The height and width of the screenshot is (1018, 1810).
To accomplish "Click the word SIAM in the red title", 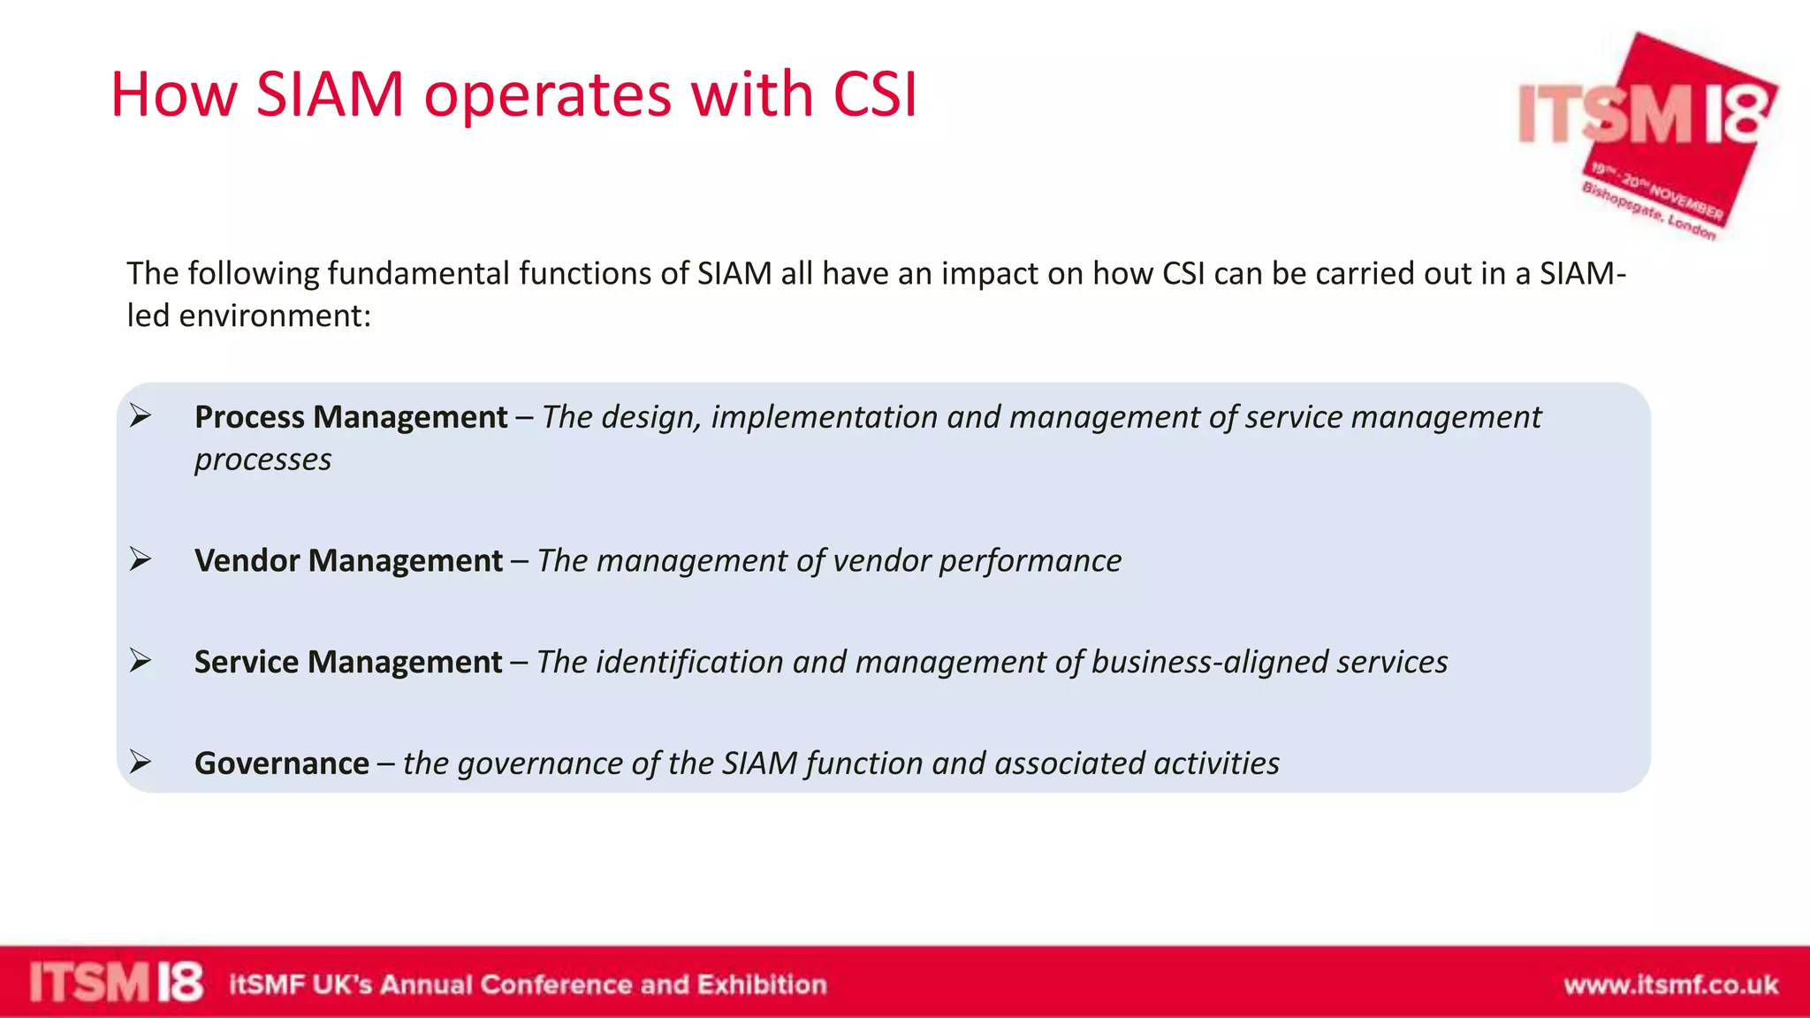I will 330,94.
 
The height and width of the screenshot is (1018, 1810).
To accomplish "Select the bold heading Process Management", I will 351,417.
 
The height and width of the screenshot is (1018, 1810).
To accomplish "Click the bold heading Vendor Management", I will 348,561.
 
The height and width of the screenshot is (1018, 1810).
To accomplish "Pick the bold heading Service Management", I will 348,662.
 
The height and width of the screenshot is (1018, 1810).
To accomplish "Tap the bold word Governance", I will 282,763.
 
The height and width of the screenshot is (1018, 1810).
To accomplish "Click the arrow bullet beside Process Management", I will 140,414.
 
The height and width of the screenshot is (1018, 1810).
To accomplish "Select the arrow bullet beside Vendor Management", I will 140,558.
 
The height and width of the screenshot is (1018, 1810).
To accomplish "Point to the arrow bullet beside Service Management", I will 140,660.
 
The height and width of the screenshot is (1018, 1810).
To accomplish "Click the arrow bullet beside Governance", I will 140,761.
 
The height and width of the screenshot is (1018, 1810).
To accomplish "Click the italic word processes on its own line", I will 262,460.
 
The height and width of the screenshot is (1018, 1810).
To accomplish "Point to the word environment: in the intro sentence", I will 274,316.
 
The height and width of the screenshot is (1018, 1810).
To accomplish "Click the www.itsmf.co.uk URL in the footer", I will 1670,984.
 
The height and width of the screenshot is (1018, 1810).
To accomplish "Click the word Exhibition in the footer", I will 761,984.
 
